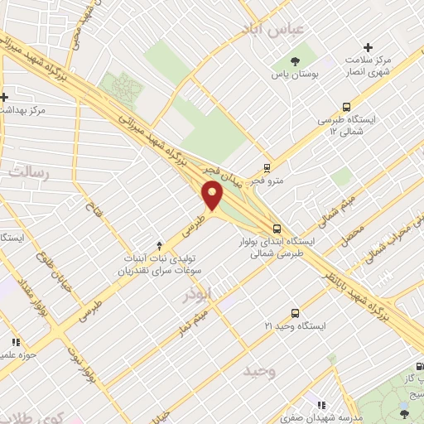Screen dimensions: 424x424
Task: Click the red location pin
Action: coord(214,196)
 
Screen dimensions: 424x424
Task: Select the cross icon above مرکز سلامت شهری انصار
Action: coord(369,47)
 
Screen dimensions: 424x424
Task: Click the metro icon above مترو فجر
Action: coord(267,166)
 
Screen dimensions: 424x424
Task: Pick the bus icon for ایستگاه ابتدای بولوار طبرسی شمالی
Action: coord(276,229)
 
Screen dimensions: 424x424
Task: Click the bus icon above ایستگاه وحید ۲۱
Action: coord(295,313)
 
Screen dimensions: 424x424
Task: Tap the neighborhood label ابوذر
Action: coord(200,294)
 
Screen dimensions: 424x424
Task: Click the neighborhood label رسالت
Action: coord(29,172)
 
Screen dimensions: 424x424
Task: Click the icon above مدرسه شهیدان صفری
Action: coord(318,405)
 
